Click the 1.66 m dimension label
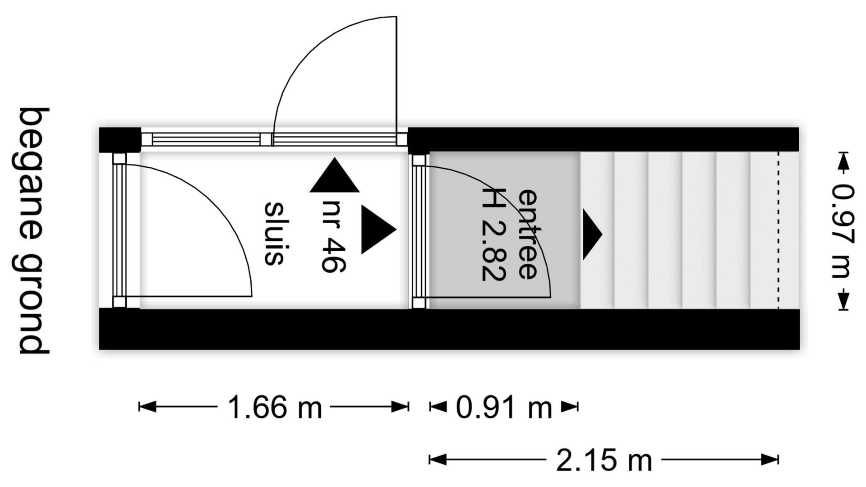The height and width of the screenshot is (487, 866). pyautogui.click(x=275, y=407)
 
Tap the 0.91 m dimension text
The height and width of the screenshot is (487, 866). pyautogui.click(x=504, y=407)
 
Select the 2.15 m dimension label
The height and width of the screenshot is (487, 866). pyautogui.click(x=604, y=460)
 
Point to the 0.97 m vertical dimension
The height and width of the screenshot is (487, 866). pyautogui.click(x=843, y=231)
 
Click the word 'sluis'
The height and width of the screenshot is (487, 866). pyautogui.click(x=273, y=233)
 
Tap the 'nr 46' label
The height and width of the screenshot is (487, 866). pyautogui.click(x=333, y=236)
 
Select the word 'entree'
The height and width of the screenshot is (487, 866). pyautogui.click(x=527, y=234)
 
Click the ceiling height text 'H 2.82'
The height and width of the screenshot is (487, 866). pyautogui.click(x=493, y=234)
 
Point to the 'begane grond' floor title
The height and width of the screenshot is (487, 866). pyautogui.click(x=33, y=231)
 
